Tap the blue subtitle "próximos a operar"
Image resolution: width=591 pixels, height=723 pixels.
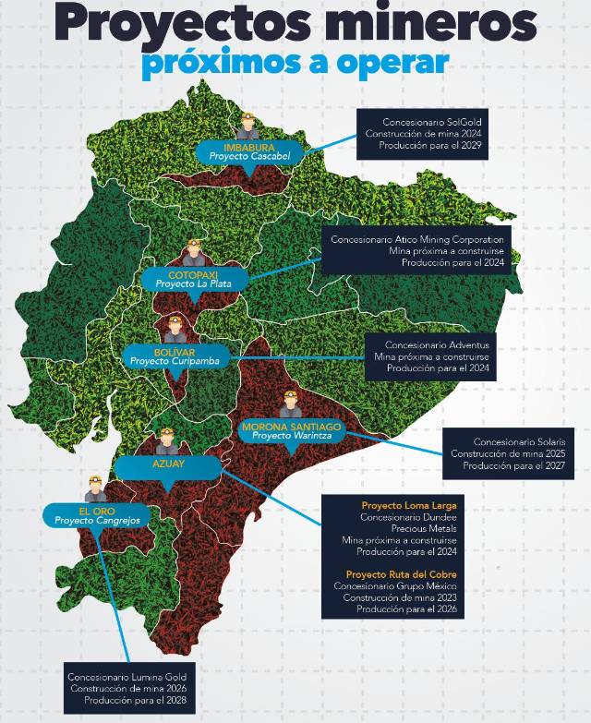click(x=295, y=63)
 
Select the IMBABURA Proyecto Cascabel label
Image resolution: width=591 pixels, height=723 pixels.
click(x=249, y=152)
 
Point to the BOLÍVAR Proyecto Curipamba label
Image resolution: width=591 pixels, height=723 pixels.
click(x=172, y=355)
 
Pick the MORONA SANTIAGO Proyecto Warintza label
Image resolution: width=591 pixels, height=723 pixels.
click(x=292, y=431)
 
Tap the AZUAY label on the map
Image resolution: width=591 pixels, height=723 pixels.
click(x=168, y=464)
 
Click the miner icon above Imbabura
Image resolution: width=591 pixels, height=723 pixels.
click(x=249, y=126)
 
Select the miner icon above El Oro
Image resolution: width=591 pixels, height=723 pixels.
click(x=95, y=488)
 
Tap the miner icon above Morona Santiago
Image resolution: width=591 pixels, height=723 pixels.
click(x=290, y=404)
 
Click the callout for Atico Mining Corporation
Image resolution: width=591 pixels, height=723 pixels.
click(x=416, y=250)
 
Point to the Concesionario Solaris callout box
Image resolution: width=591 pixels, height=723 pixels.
click(x=507, y=453)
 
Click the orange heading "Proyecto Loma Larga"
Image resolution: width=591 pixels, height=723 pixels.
click(x=409, y=506)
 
